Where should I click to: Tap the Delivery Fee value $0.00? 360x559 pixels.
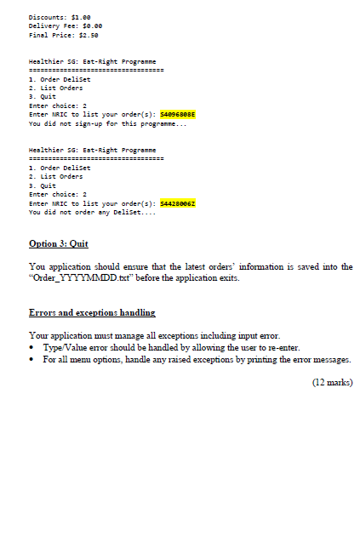(87, 26)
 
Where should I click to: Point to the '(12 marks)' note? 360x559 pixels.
(333, 383)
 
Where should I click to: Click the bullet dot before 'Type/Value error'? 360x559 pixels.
(32, 348)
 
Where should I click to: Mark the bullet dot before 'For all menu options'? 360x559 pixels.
(32, 359)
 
